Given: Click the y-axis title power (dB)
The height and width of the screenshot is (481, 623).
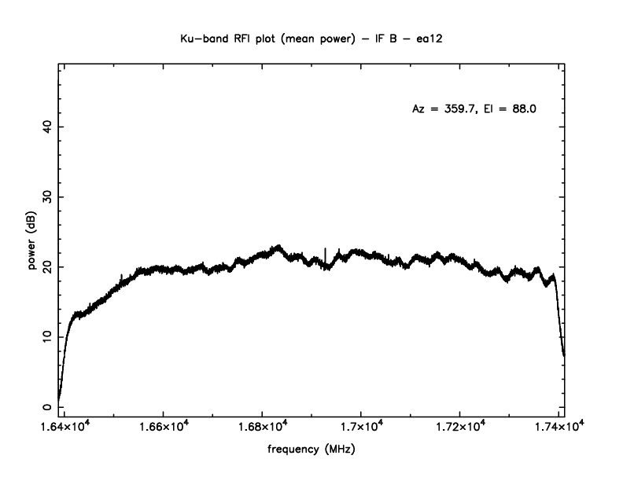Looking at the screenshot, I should click(x=32, y=242).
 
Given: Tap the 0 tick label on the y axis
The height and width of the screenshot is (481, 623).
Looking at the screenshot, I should click(x=47, y=406).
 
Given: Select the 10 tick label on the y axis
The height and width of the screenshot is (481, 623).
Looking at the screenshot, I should click(x=47, y=336).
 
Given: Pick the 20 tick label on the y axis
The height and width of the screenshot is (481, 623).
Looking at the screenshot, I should click(x=47, y=266).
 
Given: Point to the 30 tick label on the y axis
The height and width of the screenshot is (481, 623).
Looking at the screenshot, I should click(x=47, y=196).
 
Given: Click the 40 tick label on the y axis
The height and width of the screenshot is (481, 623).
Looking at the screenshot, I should click(x=47, y=127).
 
